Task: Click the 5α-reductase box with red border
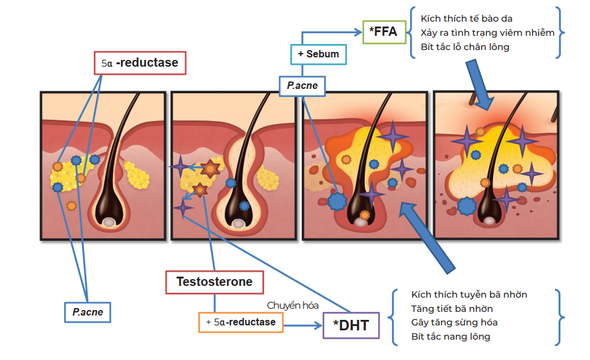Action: click(140, 62)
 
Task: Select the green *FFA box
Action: click(384, 31)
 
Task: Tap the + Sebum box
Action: click(318, 54)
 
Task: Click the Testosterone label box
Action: click(214, 282)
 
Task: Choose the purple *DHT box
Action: click(351, 325)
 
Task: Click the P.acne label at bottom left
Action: click(88, 312)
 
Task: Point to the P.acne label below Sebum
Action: click(302, 85)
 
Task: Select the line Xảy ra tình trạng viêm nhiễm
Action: click(488, 32)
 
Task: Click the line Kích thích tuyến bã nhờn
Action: click(469, 295)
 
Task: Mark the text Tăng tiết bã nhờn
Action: click(452, 308)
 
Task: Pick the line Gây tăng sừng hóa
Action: click(454, 322)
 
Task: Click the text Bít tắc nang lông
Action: click(451, 337)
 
